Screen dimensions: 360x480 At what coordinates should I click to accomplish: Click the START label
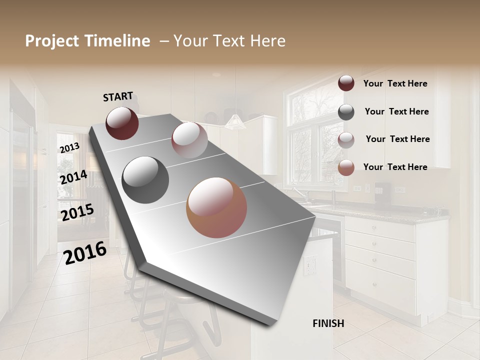click(x=118, y=96)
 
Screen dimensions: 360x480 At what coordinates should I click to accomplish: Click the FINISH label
click(x=328, y=323)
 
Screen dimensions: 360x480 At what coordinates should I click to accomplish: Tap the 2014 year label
click(x=73, y=177)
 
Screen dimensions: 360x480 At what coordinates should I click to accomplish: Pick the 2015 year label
click(x=77, y=212)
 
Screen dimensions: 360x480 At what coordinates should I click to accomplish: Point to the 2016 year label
click(x=85, y=252)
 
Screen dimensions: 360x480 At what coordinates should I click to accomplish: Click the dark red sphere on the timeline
click(x=122, y=123)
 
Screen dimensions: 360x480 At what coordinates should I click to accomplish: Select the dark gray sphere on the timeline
click(x=145, y=180)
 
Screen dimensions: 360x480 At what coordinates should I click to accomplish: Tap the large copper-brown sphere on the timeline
click(x=216, y=207)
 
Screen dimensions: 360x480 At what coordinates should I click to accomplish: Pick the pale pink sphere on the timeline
click(x=189, y=140)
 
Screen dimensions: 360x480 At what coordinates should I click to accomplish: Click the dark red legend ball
click(x=346, y=83)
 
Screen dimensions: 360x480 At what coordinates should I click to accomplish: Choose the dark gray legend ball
click(x=346, y=112)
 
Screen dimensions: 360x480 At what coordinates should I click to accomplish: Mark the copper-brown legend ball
click(x=346, y=167)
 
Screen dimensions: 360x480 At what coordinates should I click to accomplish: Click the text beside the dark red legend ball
click(x=395, y=83)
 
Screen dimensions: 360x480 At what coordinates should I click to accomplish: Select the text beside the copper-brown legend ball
click(x=395, y=167)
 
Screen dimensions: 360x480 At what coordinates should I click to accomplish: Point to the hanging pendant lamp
click(x=234, y=120)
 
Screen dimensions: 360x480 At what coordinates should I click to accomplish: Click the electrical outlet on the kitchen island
click(x=310, y=265)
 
